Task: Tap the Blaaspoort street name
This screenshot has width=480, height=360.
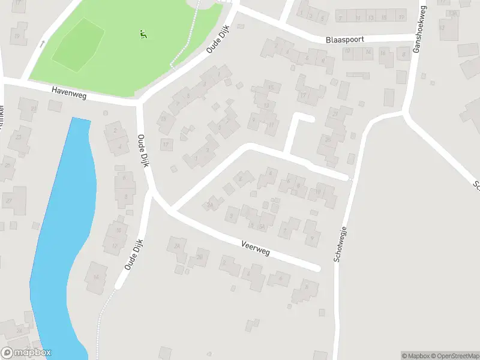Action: click(345, 39)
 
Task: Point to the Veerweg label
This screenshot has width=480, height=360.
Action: click(255, 247)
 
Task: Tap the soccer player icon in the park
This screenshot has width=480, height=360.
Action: click(143, 34)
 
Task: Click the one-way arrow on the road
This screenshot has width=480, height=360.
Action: click(42, 43)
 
